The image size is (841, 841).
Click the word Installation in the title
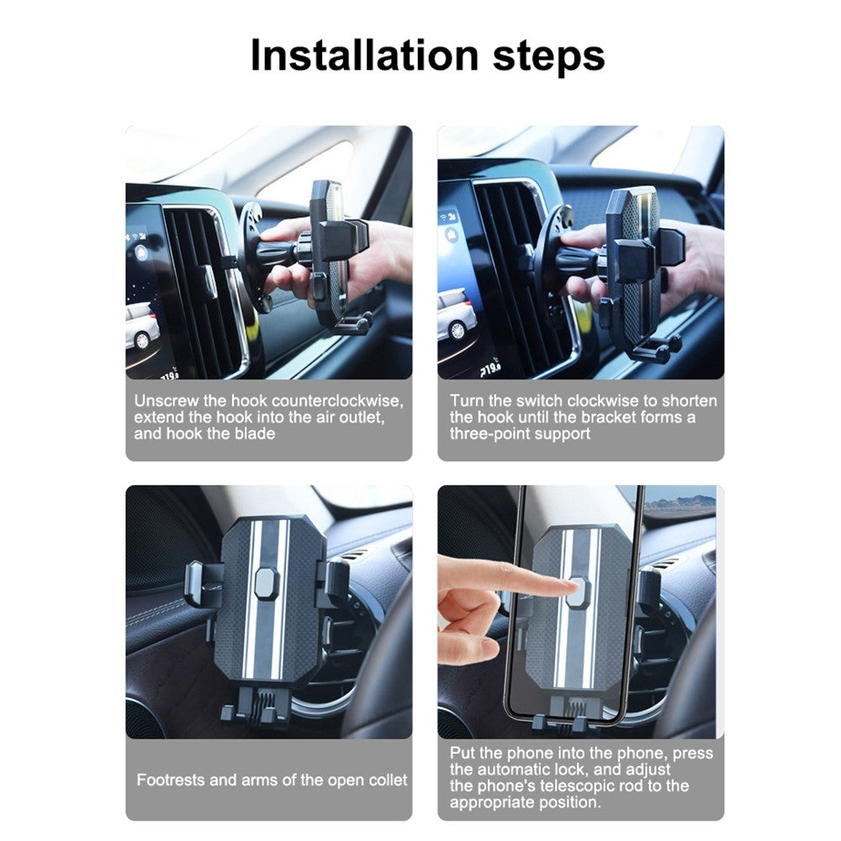pos(364,56)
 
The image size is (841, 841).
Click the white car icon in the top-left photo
pos(141,326)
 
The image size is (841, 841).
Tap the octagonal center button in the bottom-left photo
pos(267,583)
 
